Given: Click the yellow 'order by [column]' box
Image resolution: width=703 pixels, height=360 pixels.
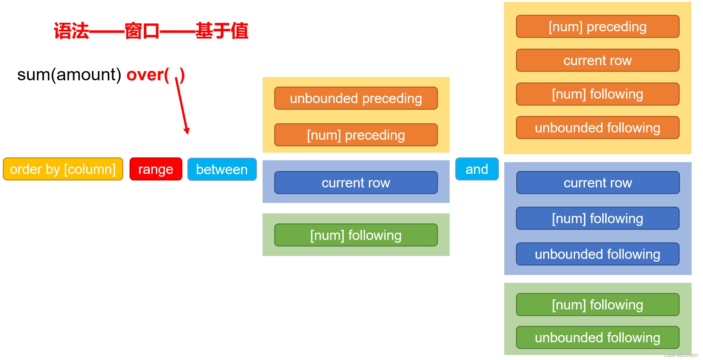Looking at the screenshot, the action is pos(63,169).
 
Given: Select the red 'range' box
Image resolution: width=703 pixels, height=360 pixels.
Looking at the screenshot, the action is pos(156,169).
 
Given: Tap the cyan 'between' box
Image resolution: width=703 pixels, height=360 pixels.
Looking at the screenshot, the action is pos(222,169).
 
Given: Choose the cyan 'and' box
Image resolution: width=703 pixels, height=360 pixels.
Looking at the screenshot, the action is pos(477,169).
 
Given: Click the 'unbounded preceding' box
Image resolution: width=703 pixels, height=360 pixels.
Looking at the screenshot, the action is pos(356,98).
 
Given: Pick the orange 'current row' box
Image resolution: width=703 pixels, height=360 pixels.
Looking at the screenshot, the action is pos(597,60).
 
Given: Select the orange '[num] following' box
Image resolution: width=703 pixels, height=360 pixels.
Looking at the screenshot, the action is pos(597,94).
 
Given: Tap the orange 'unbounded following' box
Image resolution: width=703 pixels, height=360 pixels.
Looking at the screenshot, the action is pos(597,128).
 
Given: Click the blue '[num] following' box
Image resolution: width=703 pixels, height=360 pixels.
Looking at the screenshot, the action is pos(597,218).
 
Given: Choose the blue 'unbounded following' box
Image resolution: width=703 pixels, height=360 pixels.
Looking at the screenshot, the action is pos(597,254).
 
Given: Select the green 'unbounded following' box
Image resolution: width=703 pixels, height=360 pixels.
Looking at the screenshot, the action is pos(597,338).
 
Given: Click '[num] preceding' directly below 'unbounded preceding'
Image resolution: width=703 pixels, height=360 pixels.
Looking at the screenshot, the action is pos(356,135).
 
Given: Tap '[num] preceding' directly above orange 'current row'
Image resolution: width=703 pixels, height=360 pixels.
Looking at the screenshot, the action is pos(597,27).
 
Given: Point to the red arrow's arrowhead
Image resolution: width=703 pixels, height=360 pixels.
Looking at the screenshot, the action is pos(187,131).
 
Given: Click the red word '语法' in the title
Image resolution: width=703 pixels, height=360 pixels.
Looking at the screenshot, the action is pos(71,31).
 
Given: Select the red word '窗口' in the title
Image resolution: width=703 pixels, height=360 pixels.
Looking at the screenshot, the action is pos(142,31).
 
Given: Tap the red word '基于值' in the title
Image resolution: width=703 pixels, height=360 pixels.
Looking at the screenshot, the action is pos(222,31).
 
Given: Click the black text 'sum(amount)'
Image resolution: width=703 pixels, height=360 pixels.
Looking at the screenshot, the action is pos(69,75).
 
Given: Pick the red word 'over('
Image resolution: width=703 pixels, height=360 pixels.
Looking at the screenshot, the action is pos(148,75).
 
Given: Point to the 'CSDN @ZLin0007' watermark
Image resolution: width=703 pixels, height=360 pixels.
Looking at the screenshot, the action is pos(681,355).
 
